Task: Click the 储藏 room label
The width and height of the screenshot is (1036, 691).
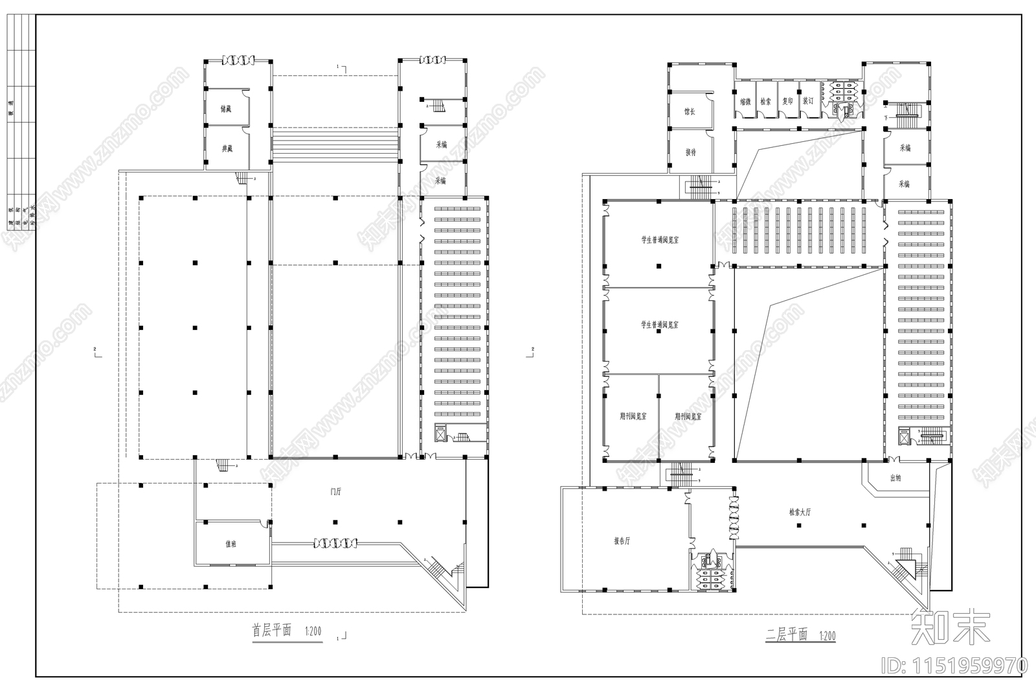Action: (225, 109)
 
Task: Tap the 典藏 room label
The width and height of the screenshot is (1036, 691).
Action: (226, 149)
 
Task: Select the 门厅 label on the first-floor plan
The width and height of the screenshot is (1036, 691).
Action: (335, 492)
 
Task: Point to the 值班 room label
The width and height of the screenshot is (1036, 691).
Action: (231, 545)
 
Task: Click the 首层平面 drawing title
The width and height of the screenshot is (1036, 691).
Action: (271, 630)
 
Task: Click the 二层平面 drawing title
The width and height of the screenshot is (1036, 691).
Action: (786, 635)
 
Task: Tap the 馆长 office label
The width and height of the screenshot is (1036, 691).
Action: (690, 112)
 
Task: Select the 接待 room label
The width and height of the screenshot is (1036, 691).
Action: (690, 152)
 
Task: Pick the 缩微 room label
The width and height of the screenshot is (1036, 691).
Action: (745, 102)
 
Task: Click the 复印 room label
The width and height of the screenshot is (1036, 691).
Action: (787, 102)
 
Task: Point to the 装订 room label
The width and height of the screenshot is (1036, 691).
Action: (807, 102)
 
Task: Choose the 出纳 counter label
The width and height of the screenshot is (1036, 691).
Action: (895, 478)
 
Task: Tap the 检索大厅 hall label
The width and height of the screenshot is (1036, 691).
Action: (800, 512)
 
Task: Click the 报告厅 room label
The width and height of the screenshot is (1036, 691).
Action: (622, 541)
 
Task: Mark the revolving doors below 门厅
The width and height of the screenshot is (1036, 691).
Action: (335, 543)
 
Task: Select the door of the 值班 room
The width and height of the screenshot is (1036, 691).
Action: (265, 524)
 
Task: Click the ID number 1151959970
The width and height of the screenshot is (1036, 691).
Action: (953, 665)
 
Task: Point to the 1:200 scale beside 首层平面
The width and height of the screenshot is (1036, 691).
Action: (313, 631)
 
